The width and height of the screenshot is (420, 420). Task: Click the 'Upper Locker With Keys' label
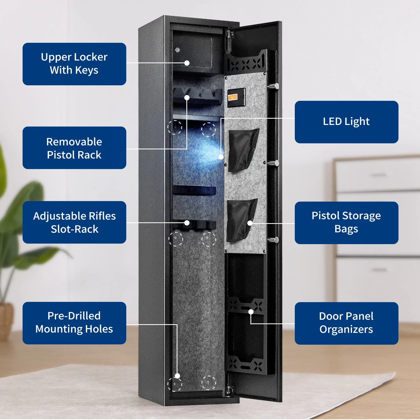74,64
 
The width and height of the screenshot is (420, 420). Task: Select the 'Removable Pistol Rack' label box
74,148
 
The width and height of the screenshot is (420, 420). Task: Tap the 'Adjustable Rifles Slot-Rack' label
74,222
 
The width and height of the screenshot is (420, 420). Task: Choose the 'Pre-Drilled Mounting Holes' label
74,323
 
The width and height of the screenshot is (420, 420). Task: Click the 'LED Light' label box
346,122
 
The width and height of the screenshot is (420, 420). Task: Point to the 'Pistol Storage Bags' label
346,223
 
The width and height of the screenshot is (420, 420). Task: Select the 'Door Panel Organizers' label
346,323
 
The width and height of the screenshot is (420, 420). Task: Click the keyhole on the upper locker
177,50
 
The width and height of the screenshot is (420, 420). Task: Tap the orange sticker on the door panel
233,97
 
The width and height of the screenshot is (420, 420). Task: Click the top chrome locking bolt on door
274,86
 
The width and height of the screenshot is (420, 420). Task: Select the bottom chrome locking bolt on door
274,239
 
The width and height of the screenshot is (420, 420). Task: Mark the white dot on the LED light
221,157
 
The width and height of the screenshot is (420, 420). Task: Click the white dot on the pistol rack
187,98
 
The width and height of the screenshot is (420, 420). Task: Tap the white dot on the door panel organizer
251,312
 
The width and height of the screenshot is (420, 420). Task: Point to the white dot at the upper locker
187,63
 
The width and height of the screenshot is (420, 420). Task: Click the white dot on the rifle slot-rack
187,223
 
